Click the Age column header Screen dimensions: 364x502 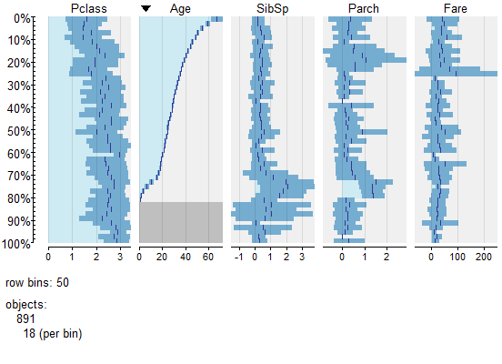tap(180, 8)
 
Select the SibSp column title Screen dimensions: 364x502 tap(272, 8)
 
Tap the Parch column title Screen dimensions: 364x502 tap(364, 8)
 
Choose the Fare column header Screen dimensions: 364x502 tap(455, 8)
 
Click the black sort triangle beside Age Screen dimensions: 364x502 tap(146, 8)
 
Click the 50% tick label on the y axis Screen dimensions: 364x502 tap(18, 131)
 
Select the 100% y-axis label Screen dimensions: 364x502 tap(15, 244)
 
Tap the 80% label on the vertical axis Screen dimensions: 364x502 tap(18, 198)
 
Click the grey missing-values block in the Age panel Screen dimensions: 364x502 tap(180, 222)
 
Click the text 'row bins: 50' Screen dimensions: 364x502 tap(36, 283)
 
